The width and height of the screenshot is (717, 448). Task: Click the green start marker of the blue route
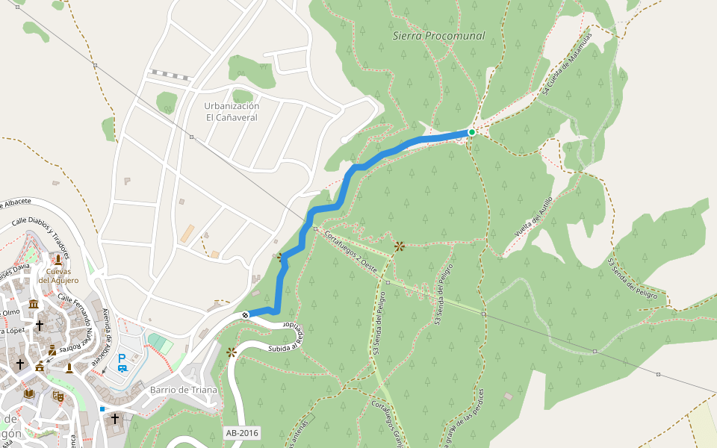coord(471,132)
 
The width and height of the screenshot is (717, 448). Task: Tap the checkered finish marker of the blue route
coord(245,315)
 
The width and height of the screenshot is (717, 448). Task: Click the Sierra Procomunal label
coord(438,36)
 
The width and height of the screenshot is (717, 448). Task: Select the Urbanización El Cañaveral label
coord(232,112)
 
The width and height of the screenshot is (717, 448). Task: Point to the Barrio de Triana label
coord(183,390)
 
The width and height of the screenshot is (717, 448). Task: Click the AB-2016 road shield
coord(242,432)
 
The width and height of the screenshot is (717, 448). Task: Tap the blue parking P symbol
coord(122,358)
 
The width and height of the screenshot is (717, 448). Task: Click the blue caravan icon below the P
coord(122,368)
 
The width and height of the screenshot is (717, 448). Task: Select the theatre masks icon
coord(58,396)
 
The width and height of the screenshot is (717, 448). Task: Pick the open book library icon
coord(29,393)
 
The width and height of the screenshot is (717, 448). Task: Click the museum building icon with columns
coord(34,304)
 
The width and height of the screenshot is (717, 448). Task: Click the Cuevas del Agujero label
coord(58,276)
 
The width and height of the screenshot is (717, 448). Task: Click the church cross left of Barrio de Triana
coord(115,418)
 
